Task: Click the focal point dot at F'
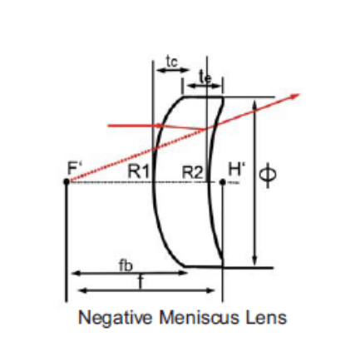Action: point(67,181)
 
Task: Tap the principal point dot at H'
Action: point(222,182)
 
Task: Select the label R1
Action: point(139,171)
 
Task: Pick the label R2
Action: point(193,172)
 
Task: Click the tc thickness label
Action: point(172,62)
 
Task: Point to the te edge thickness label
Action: point(205,77)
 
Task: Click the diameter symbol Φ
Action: point(268,175)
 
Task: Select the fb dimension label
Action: point(126,265)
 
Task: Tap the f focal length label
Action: point(141,282)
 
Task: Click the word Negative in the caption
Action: point(116,317)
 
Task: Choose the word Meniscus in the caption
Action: point(199,317)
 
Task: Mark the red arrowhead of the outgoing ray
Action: point(295,96)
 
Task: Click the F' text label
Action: point(74,167)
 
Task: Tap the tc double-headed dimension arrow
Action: point(173,70)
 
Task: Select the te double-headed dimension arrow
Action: point(205,86)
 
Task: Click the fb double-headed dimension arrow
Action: point(130,273)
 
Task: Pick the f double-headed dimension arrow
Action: point(147,290)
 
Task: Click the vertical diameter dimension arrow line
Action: point(255,182)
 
